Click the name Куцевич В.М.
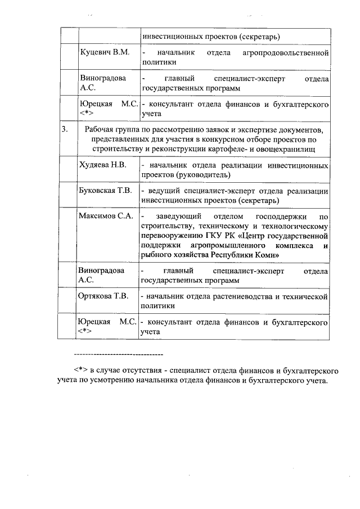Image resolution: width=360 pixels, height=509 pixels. [x=106, y=52]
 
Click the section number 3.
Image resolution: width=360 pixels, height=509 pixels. [x=65, y=129]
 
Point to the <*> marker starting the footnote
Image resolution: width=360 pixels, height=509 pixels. [x=79, y=372]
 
